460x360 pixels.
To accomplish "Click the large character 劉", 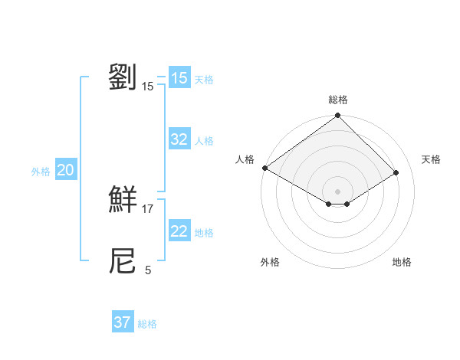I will pyautogui.click(x=123, y=78).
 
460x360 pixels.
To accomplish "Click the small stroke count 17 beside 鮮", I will pyautogui.click(x=148, y=209).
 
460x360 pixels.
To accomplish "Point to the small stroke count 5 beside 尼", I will pyautogui.click(x=148, y=270).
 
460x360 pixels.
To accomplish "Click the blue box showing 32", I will pyautogui.click(x=179, y=139).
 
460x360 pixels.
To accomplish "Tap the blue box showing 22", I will pyautogui.click(x=179, y=231).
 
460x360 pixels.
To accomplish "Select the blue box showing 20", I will pyautogui.click(x=65, y=171).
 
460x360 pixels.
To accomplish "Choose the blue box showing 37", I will pyautogui.click(x=123, y=322).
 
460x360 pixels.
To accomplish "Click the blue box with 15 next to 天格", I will pyautogui.click(x=179, y=78).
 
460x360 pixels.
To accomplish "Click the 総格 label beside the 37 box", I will pyautogui.click(x=148, y=324).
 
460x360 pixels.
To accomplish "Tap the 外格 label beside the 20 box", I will pyautogui.click(x=41, y=172).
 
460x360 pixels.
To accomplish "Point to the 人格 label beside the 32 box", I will pyautogui.click(x=204, y=141).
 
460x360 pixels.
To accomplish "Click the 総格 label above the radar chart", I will pyautogui.click(x=338, y=100).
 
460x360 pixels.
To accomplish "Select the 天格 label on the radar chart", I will pyautogui.click(x=431, y=159).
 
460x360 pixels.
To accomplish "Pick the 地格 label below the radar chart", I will pyautogui.click(x=402, y=263).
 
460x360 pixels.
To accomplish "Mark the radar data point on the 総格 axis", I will pyautogui.click(x=338, y=116).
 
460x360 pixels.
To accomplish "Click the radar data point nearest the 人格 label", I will pyautogui.click(x=264, y=168).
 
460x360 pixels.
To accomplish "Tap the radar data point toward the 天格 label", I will pyautogui.click(x=396, y=173).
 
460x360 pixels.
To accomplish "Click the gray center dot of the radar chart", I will pyautogui.click(x=338, y=191).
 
